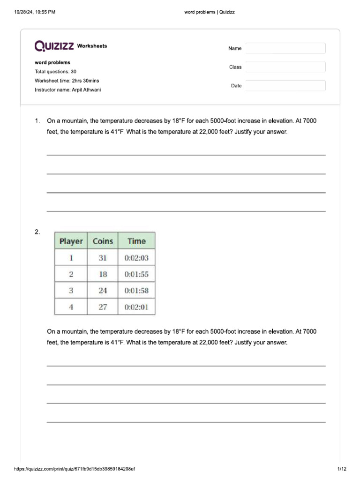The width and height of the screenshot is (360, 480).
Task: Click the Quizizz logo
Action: tap(54, 46)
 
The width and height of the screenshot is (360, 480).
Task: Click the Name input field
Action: tap(285, 48)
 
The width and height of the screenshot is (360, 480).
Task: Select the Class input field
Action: tap(285, 67)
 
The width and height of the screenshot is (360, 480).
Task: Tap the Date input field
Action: tap(285, 86)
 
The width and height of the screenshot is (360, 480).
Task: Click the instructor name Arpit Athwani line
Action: tap(67, 90)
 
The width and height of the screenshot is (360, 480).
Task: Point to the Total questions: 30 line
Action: tap(55, 72)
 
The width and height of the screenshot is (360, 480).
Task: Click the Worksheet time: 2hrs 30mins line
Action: tap(67, 81)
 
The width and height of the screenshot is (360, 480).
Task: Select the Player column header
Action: tap(71, 241)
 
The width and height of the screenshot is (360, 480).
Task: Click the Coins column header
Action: tap(103, 241)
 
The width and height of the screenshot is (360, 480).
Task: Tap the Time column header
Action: tap(136, 241)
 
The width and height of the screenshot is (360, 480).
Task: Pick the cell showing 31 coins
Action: tap(103, 258)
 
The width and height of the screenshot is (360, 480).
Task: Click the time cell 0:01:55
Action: tap(136, 274)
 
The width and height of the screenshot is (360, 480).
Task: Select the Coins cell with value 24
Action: tap(103, 291)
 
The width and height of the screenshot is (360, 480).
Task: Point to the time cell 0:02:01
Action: tap(136, 307)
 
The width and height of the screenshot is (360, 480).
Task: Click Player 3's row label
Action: tap(71, 291)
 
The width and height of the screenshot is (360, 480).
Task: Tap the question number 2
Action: tap(37, 232)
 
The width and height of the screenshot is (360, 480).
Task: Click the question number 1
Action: tap(37, 121)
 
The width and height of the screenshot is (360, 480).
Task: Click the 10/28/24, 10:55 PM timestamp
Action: tap(35, 12)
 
